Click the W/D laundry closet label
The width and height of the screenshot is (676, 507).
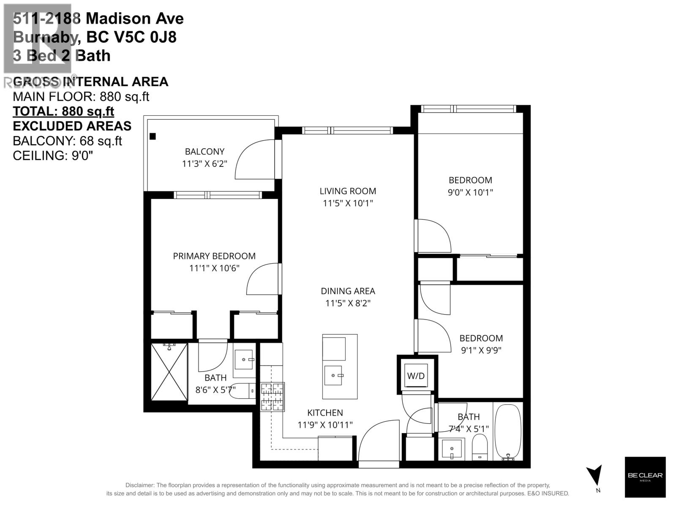tap(416, 376)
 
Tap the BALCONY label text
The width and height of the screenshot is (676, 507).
tap(204, 151)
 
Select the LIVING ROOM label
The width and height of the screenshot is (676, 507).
tap(348, 191)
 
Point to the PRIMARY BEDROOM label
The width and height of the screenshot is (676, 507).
tap(214, 256)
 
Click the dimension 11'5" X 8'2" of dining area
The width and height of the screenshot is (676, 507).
tap(348, 303)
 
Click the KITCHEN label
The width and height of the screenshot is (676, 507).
tap(325, 413)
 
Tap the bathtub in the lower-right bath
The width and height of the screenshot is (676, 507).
tap(508, 432)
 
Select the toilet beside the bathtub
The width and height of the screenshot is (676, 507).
tap(480, 448)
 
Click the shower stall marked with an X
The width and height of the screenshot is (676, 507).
tap(169, 371)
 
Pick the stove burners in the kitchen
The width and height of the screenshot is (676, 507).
tap(273, 397)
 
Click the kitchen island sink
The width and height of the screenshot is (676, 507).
tap(333, 375)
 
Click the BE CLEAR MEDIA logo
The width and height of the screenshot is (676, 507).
tap(645, 477)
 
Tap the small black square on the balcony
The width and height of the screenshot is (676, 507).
tap(153, 136)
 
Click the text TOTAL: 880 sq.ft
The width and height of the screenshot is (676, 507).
tap(63, 112)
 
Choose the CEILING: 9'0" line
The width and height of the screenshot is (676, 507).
tap(53, 155)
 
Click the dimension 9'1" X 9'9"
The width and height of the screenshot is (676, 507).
tap(481, 350)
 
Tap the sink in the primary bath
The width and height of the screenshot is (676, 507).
tap(244, 360)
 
